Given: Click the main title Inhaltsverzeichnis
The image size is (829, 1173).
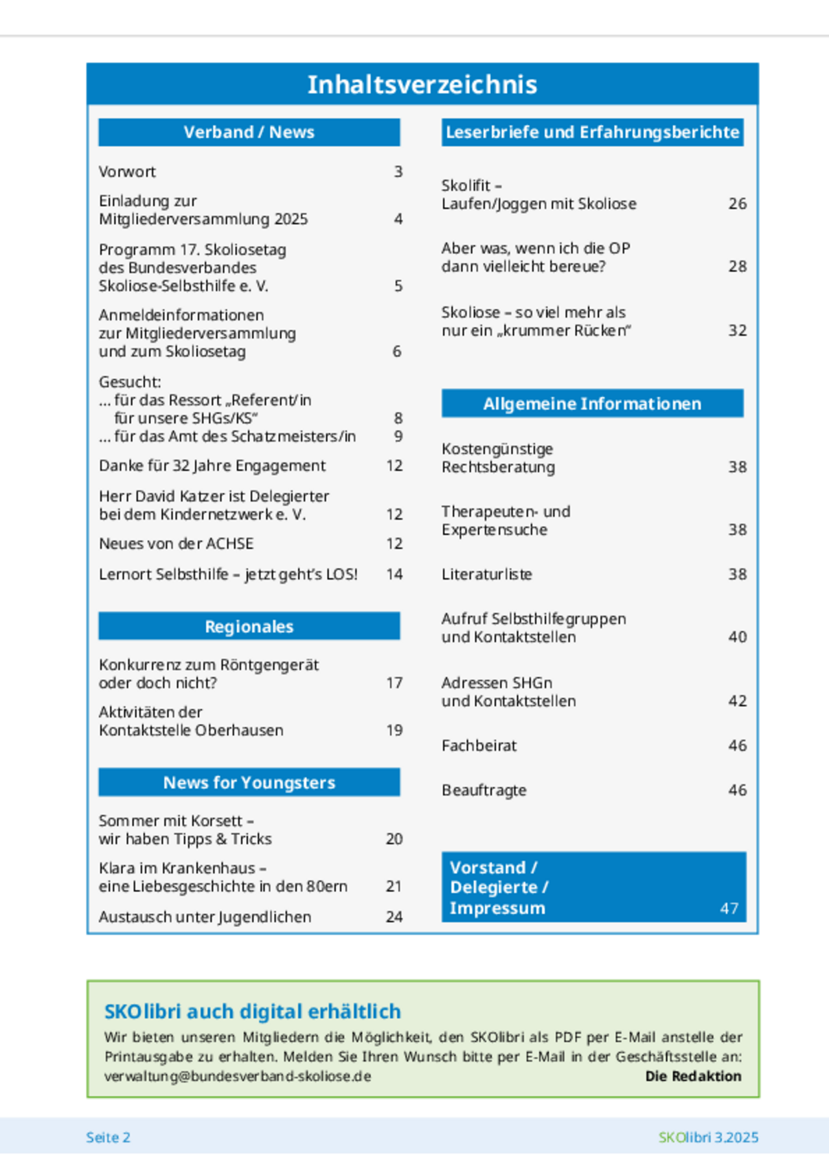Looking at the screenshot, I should (422, 85).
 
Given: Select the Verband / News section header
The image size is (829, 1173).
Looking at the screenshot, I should (249, 132).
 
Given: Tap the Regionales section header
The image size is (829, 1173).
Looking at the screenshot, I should (249, 626).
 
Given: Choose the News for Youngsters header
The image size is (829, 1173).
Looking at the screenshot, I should (249, 782).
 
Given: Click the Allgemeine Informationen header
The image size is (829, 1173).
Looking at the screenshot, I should (592, 404).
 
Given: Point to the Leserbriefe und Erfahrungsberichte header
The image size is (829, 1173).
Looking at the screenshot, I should (592, 132).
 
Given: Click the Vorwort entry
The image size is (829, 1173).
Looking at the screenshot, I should (127, 172).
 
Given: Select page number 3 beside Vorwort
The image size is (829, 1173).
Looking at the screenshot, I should (398, 172).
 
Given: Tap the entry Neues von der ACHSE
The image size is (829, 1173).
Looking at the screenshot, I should (176, 543).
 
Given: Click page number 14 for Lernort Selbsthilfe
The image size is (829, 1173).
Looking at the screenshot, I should (394, 574).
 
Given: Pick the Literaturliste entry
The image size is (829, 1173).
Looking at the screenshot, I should (487, 574).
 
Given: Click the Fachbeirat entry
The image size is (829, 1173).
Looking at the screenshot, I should (479, 746).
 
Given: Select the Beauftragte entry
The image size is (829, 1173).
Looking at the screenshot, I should (484, 790).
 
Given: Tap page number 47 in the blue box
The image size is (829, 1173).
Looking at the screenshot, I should (729, 909).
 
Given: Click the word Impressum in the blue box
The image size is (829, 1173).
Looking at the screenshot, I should (497, 908).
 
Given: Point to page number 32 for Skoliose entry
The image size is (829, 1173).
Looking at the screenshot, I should (737, 330).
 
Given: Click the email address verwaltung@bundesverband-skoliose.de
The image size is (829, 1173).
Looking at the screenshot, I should (238, 1076).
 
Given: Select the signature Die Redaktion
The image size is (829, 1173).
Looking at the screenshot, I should (693, 1076).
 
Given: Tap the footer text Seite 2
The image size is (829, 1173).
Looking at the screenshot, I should (108, 1137).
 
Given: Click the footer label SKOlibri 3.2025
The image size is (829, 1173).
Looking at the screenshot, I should (709, 1137).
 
